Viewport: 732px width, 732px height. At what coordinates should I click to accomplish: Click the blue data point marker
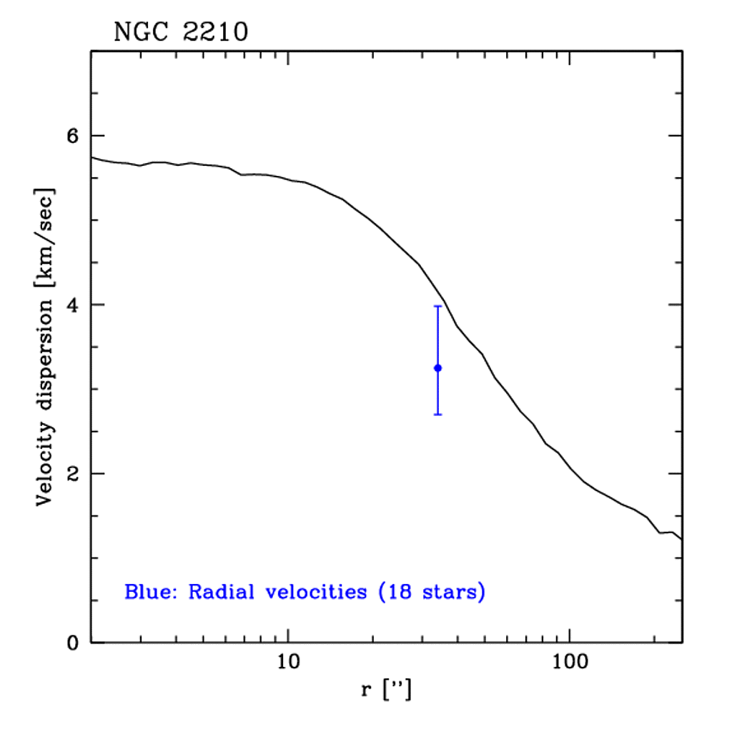tap(437, 367)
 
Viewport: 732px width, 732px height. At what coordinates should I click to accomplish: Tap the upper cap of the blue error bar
tap(437, 306)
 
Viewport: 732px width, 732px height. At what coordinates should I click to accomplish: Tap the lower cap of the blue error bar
tap(437, 415)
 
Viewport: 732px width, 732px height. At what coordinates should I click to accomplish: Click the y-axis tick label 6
tap(72, 136)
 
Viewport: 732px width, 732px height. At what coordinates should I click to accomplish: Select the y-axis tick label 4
tap(72, 305)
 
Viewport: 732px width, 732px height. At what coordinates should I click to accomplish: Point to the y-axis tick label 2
tap(72, 473)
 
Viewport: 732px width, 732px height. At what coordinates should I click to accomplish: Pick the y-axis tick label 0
tap(72, 642)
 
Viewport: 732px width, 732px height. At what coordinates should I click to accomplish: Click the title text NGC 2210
tap(181, 33)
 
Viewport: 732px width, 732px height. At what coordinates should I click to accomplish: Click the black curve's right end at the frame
tap(681, 538)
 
